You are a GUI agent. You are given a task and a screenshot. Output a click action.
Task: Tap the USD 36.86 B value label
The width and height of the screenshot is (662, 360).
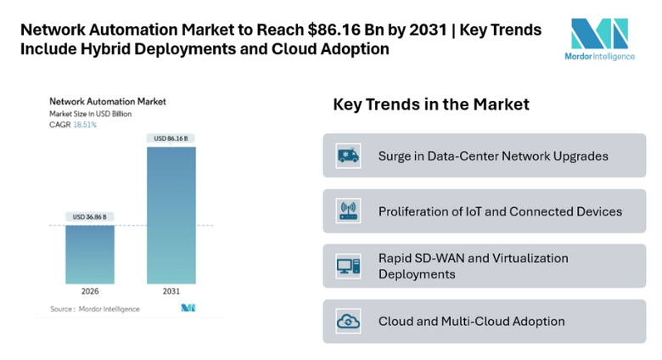90,217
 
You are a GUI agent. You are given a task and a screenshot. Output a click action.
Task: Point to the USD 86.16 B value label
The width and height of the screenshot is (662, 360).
171,138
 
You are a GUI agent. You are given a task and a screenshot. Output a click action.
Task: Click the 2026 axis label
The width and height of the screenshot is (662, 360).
90,291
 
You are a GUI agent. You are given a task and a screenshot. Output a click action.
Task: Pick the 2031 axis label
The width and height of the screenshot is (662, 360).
171,291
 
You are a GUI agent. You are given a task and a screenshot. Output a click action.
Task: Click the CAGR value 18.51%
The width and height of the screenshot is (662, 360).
85,125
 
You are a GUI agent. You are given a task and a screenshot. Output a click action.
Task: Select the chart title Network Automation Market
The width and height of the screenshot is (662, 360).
108,101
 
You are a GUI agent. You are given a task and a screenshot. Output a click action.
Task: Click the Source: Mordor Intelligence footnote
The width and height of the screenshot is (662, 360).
94,309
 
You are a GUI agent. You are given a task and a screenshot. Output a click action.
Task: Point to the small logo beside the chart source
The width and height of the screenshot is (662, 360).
188,308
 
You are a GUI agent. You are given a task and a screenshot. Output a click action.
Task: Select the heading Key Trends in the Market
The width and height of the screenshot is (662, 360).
430,104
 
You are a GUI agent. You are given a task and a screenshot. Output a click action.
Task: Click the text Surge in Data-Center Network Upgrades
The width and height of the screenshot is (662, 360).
493,156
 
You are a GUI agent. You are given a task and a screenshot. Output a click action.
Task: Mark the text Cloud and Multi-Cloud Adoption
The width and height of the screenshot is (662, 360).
471,322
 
